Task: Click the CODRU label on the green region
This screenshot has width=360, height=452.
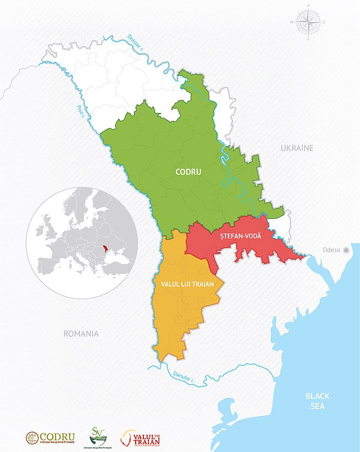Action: [x=188, y=171]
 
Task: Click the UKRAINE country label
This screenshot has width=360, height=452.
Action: [x=297, y=148]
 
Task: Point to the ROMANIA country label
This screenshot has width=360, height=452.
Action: [x=81, y=333]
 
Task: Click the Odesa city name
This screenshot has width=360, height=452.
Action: [x=331, y=250]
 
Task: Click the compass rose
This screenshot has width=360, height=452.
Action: [x=308, y=23]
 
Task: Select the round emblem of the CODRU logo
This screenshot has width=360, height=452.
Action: [x=33, y=438]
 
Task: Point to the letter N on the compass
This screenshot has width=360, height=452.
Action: [x=308, y=6]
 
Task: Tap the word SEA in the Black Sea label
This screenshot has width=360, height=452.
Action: [x=317, y=407]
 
